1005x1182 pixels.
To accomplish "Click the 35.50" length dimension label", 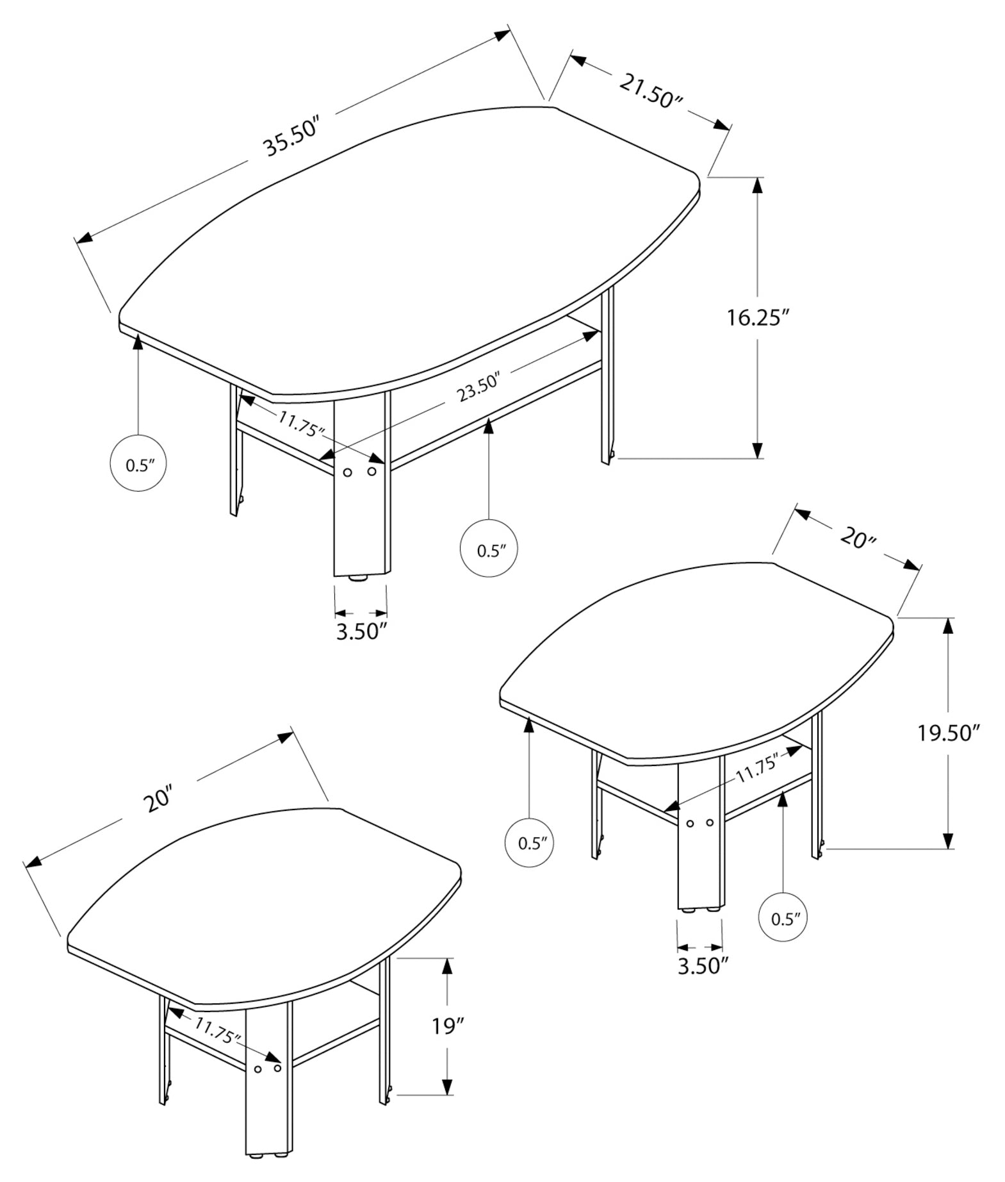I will click(291, 137).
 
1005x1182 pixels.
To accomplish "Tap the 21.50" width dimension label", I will click(651, 90).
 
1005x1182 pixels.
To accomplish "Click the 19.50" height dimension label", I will click(949, 732).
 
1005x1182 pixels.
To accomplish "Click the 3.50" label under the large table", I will click(362, 631).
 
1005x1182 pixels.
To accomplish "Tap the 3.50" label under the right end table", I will click(703, 965).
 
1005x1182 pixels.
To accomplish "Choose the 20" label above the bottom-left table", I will click(158, 799).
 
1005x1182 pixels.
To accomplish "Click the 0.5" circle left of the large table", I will click(138, 464).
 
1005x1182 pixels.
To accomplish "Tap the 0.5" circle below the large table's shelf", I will click(489, 549).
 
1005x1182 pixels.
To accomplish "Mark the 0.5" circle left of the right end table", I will click(530, 842).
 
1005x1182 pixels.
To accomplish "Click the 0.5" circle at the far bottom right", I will click(782, 919).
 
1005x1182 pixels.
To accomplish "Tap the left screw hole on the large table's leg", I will click(347, 472).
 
